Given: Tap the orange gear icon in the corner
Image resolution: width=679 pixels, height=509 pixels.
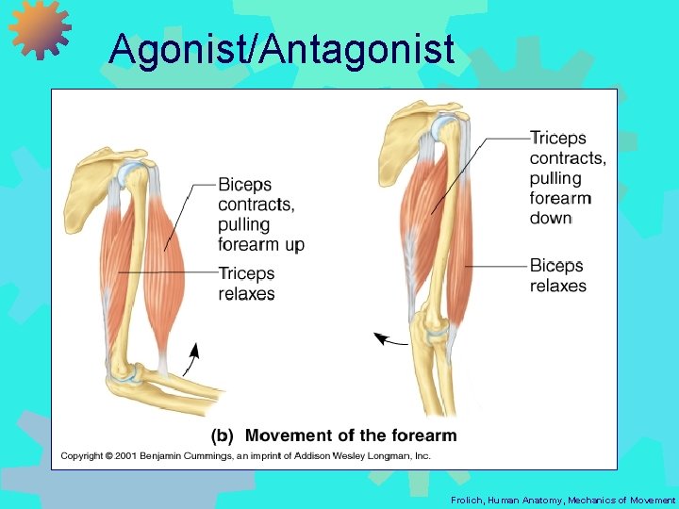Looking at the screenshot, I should tap(40, 28).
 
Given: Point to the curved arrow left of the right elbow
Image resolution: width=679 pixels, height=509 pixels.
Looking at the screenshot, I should tap(390, 339).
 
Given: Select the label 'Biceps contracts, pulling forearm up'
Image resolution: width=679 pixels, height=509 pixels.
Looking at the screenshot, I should tap(260, 214).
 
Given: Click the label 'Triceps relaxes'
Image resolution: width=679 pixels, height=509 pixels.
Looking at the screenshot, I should tap(246, 283).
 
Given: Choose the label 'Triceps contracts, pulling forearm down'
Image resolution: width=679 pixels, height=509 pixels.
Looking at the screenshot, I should tap(567, 178).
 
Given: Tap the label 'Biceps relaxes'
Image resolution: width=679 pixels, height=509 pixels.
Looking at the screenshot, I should tap(557, 275).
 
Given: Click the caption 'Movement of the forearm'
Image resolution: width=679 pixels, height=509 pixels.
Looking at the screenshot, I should tap(350, 435).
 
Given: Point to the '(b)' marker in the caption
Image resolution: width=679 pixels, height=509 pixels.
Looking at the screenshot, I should tap(222, 435).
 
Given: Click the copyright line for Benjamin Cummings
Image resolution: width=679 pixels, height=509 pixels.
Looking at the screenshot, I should tap(246, 456).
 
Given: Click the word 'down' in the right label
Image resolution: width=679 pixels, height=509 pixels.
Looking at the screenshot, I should tap(551, 218).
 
